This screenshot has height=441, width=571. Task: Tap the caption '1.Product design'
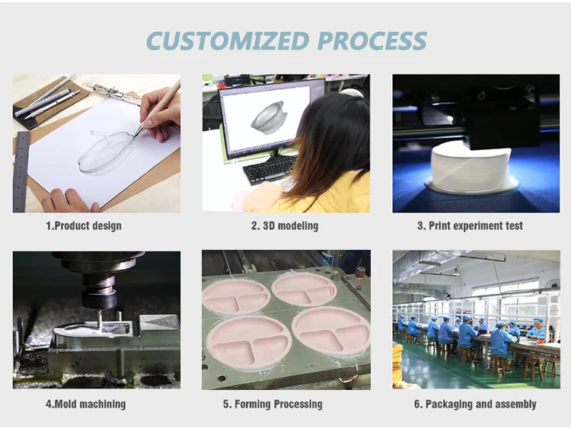point(84,225)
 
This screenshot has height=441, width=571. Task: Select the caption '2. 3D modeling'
point(285,225)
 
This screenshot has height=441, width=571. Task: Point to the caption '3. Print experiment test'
point(470,225)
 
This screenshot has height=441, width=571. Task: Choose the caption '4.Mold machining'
point(85,404)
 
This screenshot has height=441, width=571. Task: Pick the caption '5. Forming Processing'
point(273,404)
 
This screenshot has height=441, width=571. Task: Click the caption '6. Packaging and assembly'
point(475,404)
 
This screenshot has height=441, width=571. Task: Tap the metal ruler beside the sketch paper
point(21,171)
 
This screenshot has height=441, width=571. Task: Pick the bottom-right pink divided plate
point(331,330)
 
